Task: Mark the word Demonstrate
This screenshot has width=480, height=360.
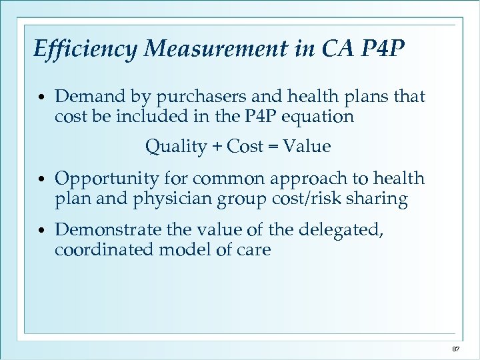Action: pyautogui.click(x=108, y=230)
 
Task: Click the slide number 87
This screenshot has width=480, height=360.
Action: pyautogui.click(x=456, y=349)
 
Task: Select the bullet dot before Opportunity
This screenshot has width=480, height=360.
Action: pyautogui.click(x=42, y=180)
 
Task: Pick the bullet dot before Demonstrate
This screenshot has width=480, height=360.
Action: pyautogui.click(x=42, y=231)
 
